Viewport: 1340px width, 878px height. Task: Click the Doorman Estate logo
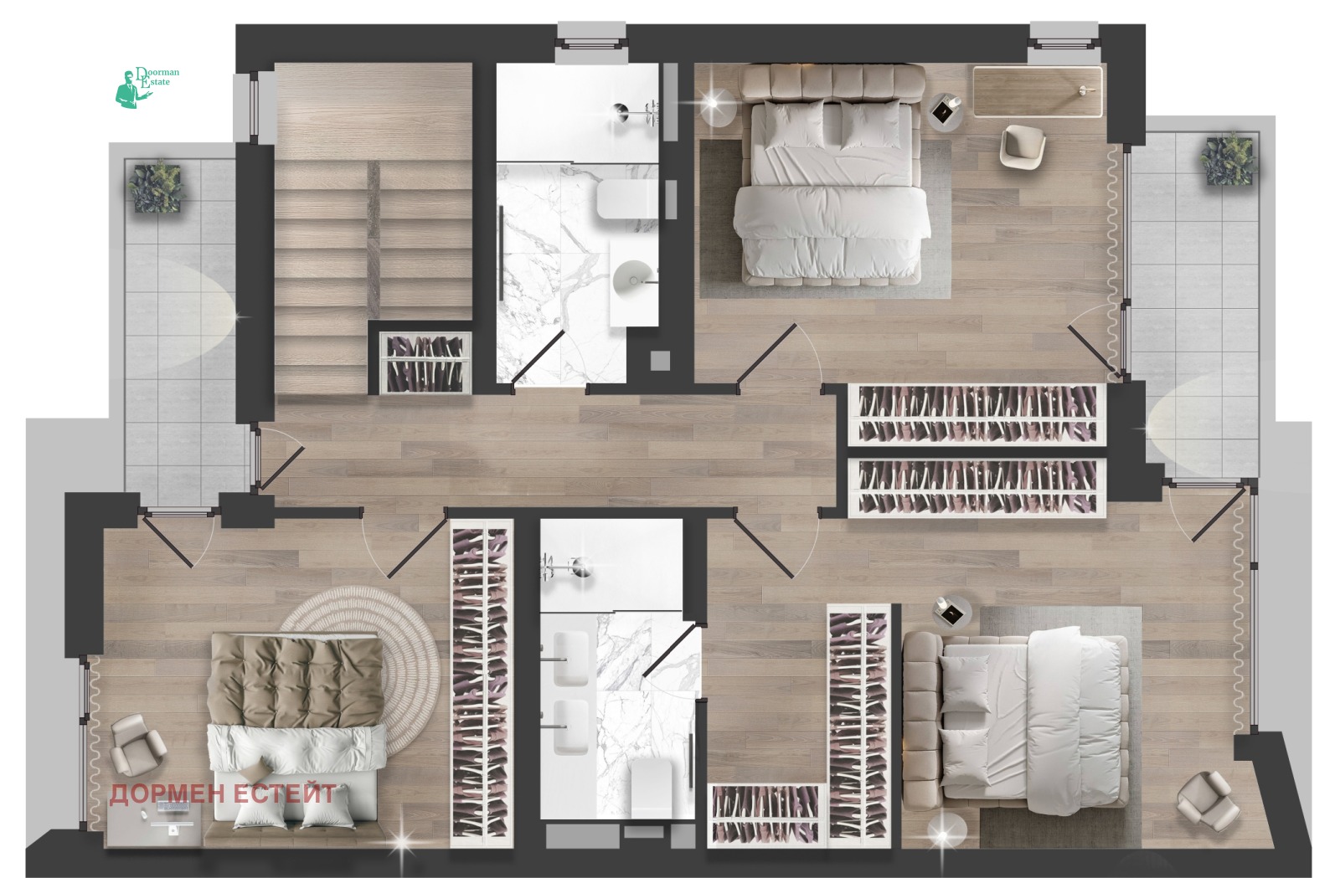tap(147, 87)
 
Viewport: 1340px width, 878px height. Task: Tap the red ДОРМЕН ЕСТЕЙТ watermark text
tap(223, 793)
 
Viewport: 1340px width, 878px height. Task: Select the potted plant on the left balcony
tap(156, 186)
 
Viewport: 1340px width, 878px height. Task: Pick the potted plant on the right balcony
tap(1226, 158)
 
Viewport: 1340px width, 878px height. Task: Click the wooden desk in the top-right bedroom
tap(1038, 91)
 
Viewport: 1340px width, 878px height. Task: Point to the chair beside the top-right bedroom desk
tap(1023, 146)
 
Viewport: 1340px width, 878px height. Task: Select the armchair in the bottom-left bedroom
tap(138, 744)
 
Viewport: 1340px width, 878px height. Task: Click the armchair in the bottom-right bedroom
tap(1208, 802)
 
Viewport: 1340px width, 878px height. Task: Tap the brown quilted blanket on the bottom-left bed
tap(297, 680)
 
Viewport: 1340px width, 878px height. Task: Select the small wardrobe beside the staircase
tap(426, 362)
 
